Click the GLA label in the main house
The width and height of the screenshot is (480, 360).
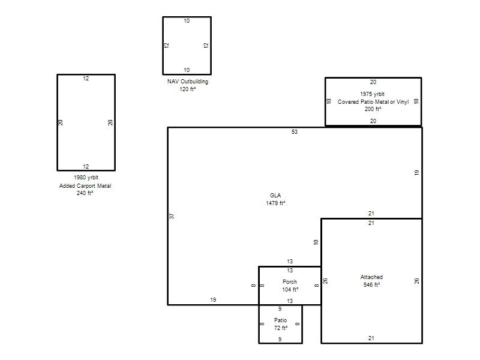coord(275,196)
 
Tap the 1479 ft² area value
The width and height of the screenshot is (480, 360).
coord(275,203)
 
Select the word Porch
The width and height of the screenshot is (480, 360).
coord(290,281)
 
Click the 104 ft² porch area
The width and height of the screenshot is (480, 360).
coord(290,289)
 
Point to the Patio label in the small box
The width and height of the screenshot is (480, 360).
coord(280,320)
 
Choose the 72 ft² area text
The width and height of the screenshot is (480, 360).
coord(281,328)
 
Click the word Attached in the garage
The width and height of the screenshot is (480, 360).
coord(371,277)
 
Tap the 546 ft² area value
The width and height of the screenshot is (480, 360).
coord(371,284)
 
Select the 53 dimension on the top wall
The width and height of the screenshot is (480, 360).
coord(295,132)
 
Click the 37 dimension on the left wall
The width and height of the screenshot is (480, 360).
coord(172,216)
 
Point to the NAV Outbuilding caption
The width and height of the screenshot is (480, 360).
coord(188,82)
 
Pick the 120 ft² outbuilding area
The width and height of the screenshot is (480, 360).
coord(188,89)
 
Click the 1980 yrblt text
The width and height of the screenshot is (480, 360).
coord(86,178)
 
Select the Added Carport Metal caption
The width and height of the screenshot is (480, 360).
coord(85,186)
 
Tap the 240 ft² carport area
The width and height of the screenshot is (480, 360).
coord(85,193)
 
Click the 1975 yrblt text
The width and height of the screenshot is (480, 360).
coord(372,94)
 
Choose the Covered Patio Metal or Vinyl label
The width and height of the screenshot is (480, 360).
coord(373,101)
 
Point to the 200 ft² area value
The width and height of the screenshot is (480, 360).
coord(373,109)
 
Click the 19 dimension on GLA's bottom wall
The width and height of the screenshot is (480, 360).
coord(213,299)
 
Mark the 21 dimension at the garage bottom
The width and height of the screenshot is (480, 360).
coord(371,338)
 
